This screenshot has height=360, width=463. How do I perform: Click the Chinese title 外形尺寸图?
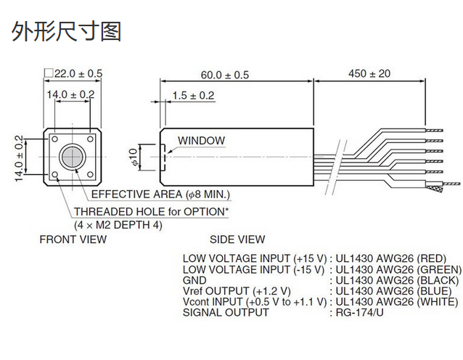66,31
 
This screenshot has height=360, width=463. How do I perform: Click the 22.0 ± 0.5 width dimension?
73,73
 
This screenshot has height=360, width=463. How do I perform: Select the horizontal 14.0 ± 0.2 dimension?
70,94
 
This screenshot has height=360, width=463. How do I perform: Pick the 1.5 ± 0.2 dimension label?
193,95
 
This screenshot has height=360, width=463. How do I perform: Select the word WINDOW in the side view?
201,141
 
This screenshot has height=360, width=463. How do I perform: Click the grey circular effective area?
71,157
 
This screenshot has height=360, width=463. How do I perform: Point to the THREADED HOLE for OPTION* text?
151,211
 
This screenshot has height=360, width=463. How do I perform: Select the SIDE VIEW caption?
237,240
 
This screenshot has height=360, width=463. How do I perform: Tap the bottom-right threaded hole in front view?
89,175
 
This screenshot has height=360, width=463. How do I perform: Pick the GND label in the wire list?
194,280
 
